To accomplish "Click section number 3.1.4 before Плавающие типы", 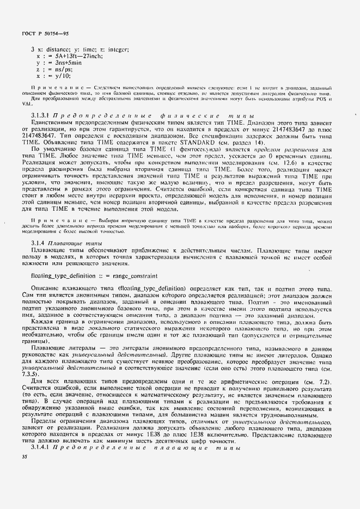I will pyautogui.click(x=40, y=243).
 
